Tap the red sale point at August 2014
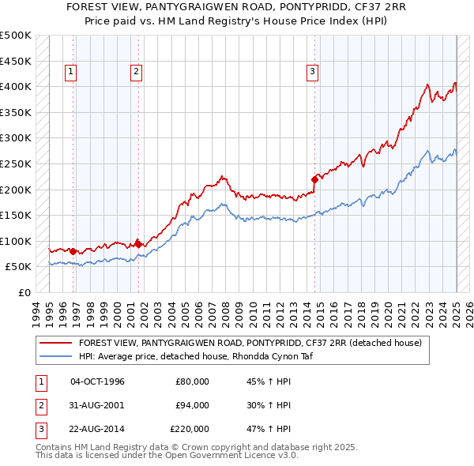[314, 179]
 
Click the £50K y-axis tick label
[19, 267]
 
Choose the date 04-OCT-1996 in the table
[97, 381]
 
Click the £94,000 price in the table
[192, 405]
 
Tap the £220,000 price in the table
[190, 429]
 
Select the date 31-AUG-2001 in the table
[97, 405]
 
